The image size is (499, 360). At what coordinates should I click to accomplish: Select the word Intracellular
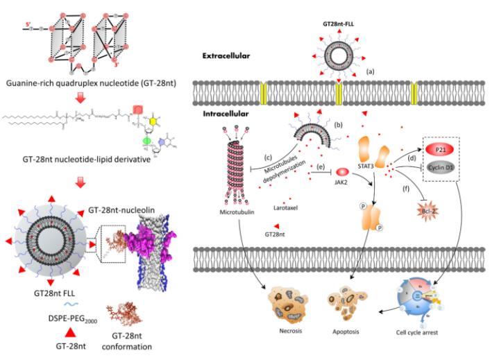[x=227, y=112]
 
